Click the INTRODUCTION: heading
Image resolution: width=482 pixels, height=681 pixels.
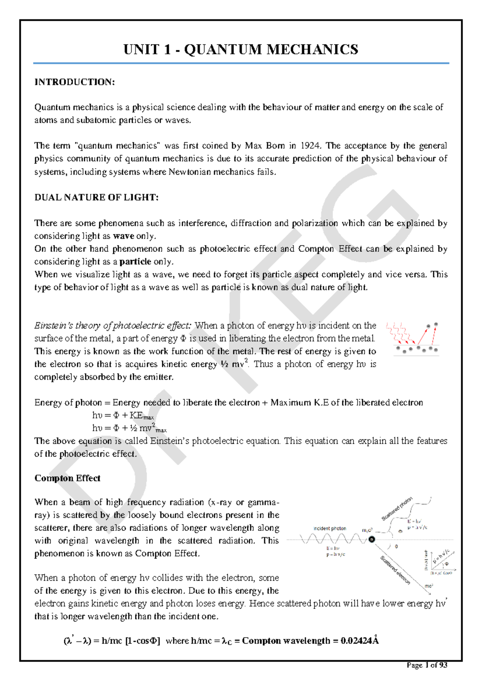[x=75, y=82]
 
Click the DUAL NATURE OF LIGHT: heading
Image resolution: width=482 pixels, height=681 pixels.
[x=96, y=198]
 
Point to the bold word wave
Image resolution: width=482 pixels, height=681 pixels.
[x=124, y=236]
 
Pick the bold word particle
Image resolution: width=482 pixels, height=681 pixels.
[x=135, y=262]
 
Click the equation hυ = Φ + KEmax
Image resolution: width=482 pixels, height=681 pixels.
[x=123, y=416]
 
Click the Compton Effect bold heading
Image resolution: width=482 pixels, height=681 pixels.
[x=67, y=478]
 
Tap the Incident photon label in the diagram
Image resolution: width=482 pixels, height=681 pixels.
[x=329, y=528]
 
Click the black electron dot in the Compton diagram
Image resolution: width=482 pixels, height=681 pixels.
[x=372, y=540]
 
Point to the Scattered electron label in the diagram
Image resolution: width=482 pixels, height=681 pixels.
[x=396, y=570]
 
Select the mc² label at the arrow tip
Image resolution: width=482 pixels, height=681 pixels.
[x=429, y=586]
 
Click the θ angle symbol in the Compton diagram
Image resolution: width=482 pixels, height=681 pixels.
[x=396, y=547]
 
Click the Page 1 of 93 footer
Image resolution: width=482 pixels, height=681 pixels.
[x=427, y=665]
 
